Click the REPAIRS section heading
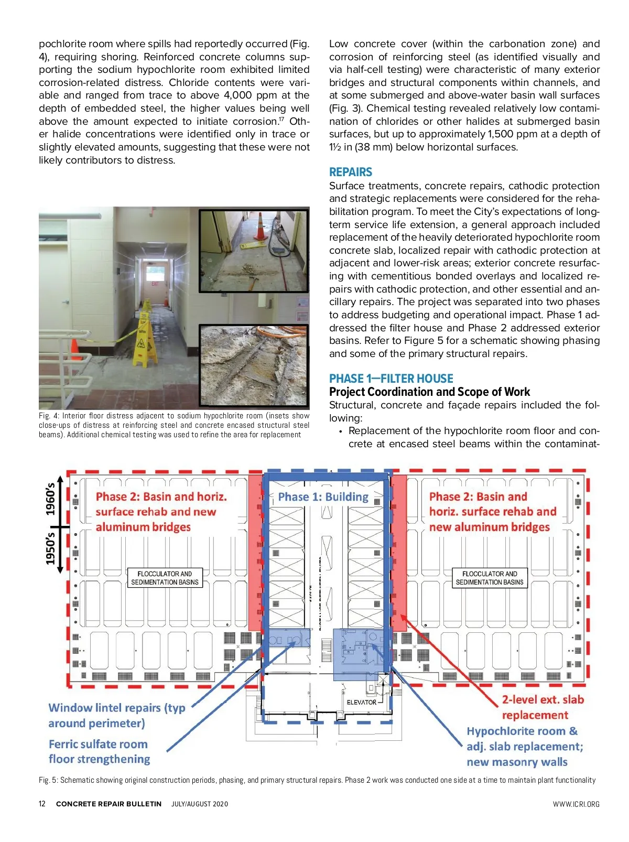(350, 172)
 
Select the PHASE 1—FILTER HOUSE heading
(391, 379)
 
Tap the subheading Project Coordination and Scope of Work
(429, 392)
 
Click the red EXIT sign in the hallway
(155, 284)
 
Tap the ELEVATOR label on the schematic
(361, 702)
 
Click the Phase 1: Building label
(323, 497)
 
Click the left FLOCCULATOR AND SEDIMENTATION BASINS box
(165, 578)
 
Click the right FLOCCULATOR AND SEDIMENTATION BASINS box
(490, 578)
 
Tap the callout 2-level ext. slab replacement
(542, 707)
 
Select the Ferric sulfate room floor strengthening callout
(99, 751)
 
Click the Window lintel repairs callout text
(116, 715)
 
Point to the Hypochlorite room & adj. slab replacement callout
(524, 746)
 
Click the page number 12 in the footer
(42, 804)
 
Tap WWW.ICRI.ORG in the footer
(576, 804)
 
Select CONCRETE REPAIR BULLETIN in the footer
(109, 804)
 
